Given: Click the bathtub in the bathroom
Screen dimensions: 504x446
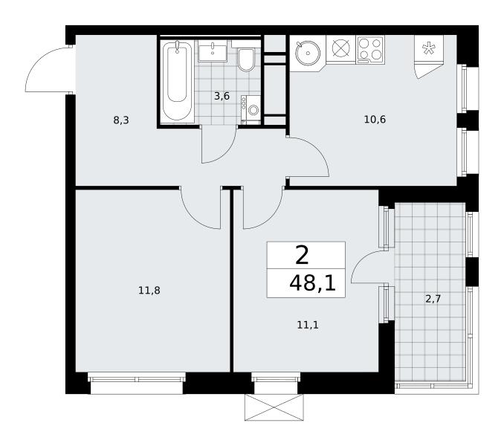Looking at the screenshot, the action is pos(177,81).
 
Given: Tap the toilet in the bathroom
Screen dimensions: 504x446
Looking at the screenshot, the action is pos(246,59).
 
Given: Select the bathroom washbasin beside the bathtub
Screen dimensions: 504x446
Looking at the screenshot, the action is pos(213,51).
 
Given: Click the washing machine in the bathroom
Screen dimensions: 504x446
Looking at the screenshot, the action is pos(251,109).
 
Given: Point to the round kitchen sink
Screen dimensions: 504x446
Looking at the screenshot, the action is pos(308,53).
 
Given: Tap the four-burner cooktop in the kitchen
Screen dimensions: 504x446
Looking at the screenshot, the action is pos(370,50).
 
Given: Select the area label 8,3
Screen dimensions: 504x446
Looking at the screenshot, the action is pos(121,120).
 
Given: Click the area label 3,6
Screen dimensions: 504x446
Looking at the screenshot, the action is pos(222,96).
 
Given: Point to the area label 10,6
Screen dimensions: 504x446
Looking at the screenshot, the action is pos(375,120).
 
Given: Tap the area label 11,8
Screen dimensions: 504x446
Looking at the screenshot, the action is pos(149,291).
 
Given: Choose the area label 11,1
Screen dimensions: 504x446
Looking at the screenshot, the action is pos(308,325).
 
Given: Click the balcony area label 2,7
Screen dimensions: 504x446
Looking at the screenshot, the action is pos(433,299).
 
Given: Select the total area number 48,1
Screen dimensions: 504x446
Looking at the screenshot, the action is pos(312,284).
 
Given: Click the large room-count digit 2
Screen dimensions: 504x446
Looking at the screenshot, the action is pos(302,256).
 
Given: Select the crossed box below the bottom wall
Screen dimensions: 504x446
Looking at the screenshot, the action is pos(274,407).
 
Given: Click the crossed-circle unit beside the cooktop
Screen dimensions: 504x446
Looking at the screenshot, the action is pos(340,50).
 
